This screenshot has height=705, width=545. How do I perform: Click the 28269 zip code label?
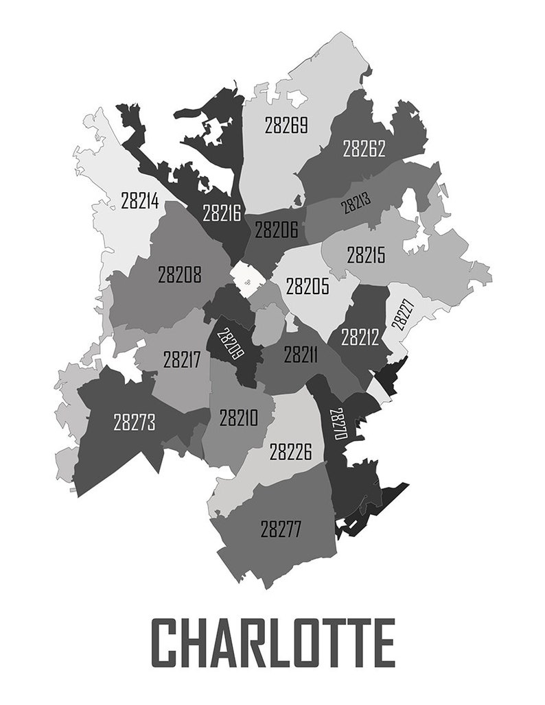click(286, 126)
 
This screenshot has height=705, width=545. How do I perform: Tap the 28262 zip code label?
click(364, 148)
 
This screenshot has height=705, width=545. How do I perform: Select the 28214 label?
click(140, 201)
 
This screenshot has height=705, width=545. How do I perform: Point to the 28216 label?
click(222, 213)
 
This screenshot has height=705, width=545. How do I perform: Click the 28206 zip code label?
click(277, 229)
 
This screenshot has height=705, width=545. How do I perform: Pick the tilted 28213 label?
click(356, 202)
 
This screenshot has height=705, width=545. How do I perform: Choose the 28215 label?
click(367, 256)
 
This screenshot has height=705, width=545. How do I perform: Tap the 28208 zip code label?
click(180, 275)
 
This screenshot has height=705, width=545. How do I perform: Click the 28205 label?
click(308, 286)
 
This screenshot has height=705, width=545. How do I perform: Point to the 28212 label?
click(360, 337)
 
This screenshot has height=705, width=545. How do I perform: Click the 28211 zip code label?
click(301, 355)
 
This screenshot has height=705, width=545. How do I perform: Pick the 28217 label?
click(182, 359)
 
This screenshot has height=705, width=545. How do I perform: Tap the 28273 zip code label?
click(135, 422)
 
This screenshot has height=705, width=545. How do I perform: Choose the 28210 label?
click(238, 418)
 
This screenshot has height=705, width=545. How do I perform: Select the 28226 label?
click(290, 452)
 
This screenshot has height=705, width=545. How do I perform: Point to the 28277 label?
click(281, 529)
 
